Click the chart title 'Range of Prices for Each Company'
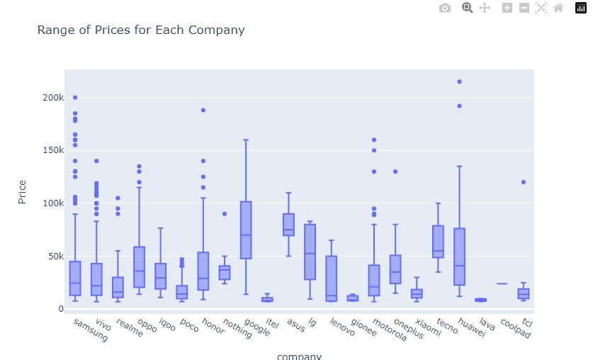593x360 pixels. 140,30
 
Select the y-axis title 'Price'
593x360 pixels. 22,191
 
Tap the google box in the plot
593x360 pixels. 246,230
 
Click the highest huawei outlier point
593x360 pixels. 459,81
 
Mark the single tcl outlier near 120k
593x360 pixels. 523,182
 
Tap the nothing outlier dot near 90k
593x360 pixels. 225,213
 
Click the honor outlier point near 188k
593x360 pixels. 203,110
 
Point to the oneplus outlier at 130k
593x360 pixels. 395,171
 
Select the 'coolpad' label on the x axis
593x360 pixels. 515,330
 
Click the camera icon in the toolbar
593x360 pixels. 445,8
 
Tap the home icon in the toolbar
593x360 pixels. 558,8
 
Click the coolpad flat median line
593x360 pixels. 502,283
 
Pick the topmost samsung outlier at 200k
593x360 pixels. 75,98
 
